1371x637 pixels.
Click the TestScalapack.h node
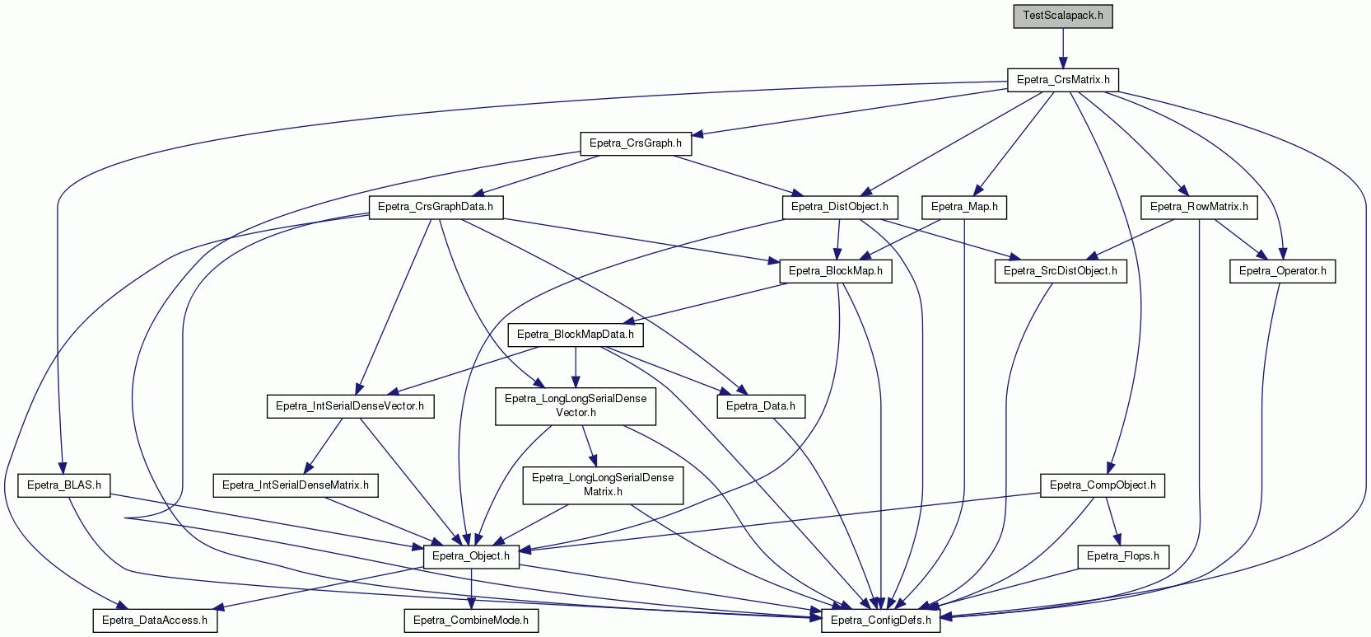pyautogui.click(x=1062, y=16)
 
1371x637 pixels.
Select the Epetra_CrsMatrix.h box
pyautogui.click(x=1063, y=80)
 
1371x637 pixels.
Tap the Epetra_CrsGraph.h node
pyautogui.click(x=636, y=143)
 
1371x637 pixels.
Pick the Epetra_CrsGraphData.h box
pyautogui.click(x=435, y=207)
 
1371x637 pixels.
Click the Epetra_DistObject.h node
pyautogui.click(x=840, y=207)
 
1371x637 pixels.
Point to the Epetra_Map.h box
pyautogui.click(x=964, y=207)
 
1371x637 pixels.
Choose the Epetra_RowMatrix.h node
pyautogui.click(x=1199, y=207)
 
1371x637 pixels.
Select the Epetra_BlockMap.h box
pyautogui.click(x=836, y=271)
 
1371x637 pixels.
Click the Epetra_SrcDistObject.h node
pyautogui.click(x=1061, y=271)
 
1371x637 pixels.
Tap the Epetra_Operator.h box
pyautogui.click(x=1282, y=271)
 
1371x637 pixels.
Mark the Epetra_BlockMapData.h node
pyautogui.click(x=576, y=335)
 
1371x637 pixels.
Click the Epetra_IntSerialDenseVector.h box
pyautogui.click(x=350, y=407)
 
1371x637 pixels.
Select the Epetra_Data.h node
pyautogui.click(x=761, y=407)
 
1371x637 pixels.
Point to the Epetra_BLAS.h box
pyautogui.click(x=63, y=485)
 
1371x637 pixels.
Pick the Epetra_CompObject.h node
pyautogui.click(x=1103, y=485)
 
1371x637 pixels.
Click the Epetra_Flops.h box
pyautogui.click(x=1123, y=557)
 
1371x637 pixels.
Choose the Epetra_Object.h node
pyautogui.click(x=471, y=557)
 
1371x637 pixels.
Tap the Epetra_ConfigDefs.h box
pyautogui.click(x=881, y=621)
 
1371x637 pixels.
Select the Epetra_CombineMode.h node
pyautogui.click(x=471, y=621)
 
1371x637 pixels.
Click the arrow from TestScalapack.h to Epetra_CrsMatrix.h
pyautogui.click(x=1063, y=48)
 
